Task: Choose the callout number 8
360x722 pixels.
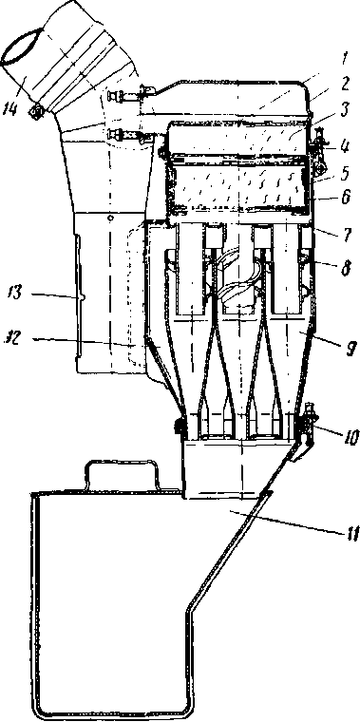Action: (346, 268)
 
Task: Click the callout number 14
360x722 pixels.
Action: (12, 104)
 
